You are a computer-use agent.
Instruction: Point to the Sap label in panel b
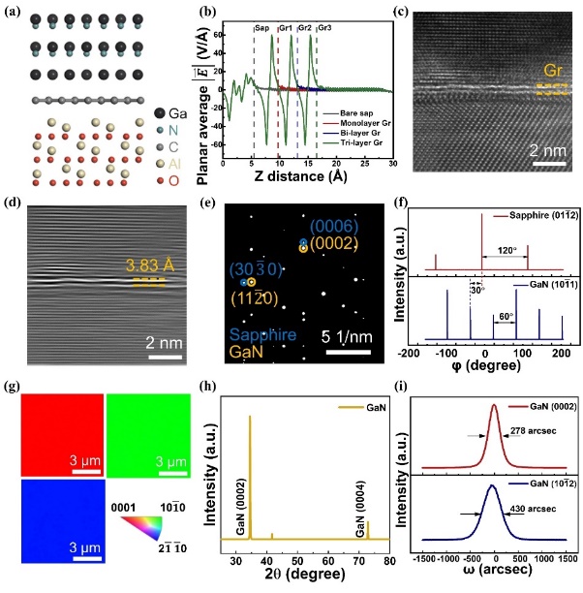(262, 28)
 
